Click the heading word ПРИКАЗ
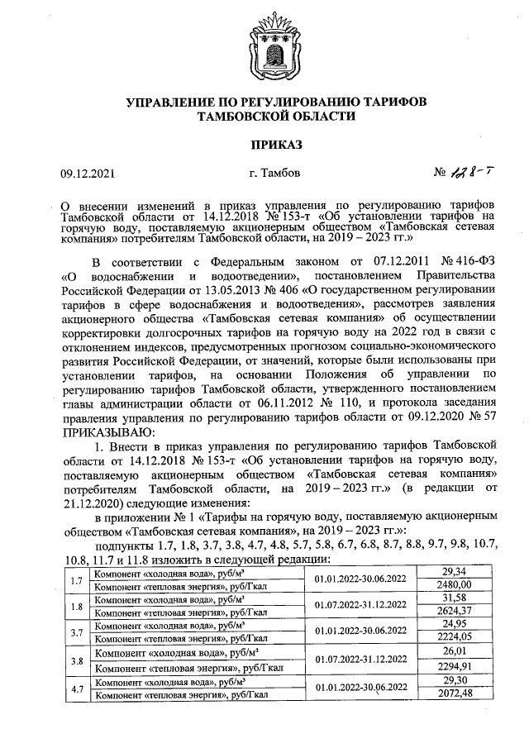pos(264,145)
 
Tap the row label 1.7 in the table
pos(75,579)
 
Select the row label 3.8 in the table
pos(75,660)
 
